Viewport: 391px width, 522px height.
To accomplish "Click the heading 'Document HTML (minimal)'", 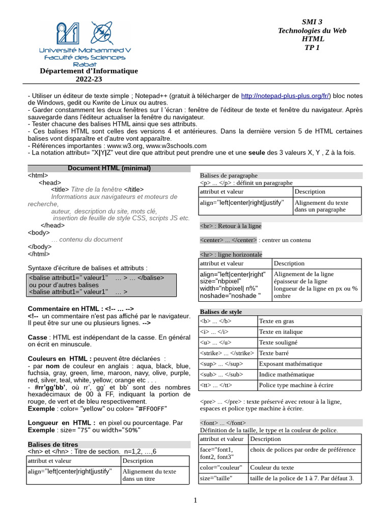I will coord(109,168).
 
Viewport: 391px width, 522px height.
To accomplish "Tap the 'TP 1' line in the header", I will coord(312,48).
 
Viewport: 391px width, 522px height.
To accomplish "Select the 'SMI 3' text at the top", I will coord(312,22).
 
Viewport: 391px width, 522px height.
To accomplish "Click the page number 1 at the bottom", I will coord(195,501).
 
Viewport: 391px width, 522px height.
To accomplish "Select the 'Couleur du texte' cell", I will coord(272,467).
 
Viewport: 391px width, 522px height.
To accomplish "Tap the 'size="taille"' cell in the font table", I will coord(216,478).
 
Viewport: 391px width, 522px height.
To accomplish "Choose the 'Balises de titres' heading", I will coord(53,445).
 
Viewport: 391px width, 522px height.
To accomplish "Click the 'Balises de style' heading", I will coord(221,312).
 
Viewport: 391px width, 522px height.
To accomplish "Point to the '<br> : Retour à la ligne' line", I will coord(231,226).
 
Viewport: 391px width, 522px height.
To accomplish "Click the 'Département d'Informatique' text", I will coord(89,71).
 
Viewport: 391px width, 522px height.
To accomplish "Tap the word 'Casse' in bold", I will coord(37,337).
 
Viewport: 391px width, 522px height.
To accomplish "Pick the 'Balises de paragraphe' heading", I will coord(229,176).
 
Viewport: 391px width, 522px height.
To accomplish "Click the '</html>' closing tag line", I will coord(39,254).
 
